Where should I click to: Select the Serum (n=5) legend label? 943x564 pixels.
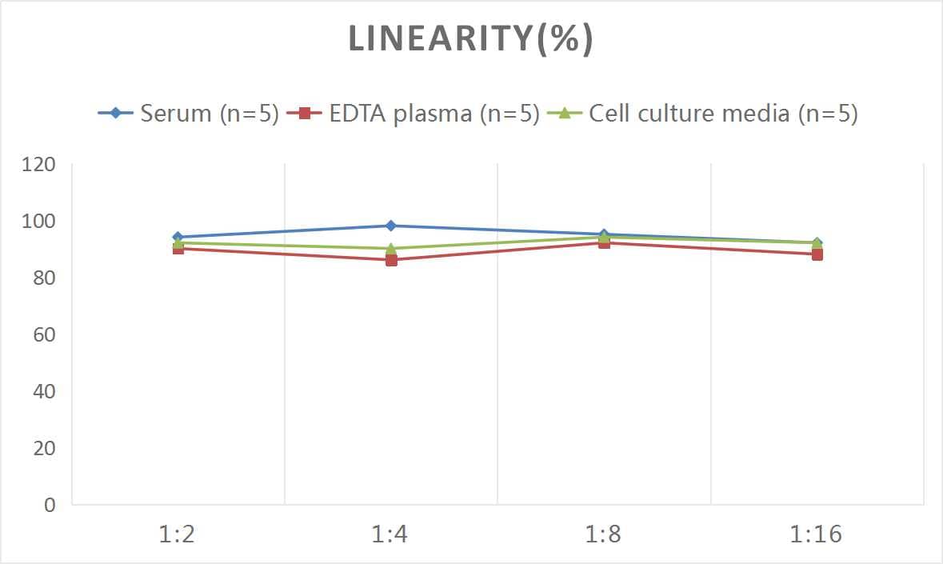[x=209, y=114]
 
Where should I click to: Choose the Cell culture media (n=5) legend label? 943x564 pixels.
[x=723, y=114]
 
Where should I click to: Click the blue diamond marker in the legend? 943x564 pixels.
[x=117, y=114]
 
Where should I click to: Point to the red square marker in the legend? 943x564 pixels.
[x=305, y=114]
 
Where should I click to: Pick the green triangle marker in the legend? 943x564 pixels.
[x=565, y=114]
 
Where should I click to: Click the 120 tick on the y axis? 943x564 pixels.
[x=39, y=166]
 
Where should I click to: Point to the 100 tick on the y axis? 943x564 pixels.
[x=39, y=222]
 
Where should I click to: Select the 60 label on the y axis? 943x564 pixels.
[x=44, y=335]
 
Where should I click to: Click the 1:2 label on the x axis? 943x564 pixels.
[x=178, y=534]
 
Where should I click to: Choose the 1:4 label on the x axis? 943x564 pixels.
[x=390, y=534]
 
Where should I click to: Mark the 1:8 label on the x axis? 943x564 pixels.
[x=603, y=534]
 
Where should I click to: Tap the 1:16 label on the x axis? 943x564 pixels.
[x=817, y=534]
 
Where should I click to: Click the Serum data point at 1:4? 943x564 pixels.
[x=391, y=226]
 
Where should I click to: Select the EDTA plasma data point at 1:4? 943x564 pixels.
[x=391, y=260]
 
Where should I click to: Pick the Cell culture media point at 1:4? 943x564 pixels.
[x=391, y=248]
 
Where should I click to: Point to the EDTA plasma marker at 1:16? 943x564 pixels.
[x=817, y=254]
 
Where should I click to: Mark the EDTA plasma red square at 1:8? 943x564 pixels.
[x=604, y=243]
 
